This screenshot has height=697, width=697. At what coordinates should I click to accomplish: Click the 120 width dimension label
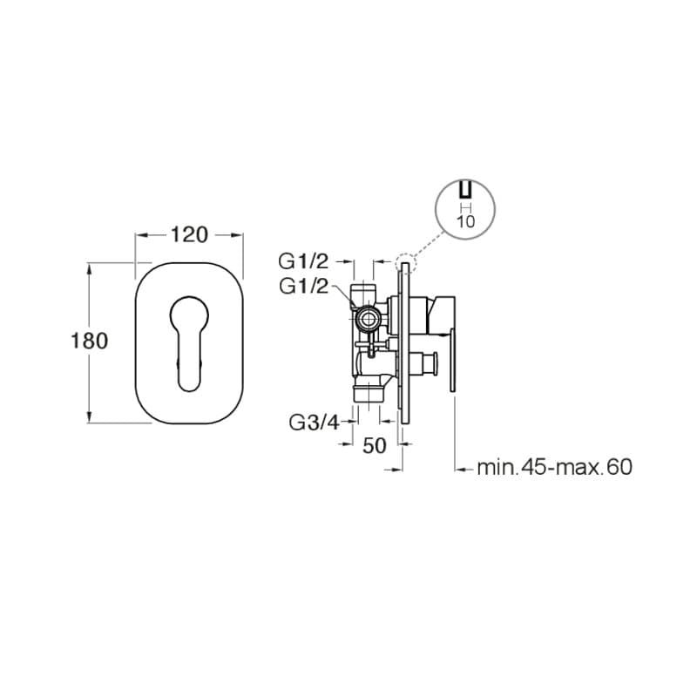(189, 234)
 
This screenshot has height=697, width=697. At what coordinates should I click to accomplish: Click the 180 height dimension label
(90, 341)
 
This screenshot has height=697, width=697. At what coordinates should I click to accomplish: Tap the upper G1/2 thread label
(303, 261)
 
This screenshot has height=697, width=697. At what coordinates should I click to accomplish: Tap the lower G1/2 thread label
(303, 287)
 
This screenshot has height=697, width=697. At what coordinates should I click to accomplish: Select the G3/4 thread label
(314, 423)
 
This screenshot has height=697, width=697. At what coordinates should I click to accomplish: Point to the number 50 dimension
(375, 446)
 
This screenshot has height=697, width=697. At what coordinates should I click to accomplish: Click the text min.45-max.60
(555, 468)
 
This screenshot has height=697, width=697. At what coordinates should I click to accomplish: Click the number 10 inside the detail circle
(466, 221)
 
